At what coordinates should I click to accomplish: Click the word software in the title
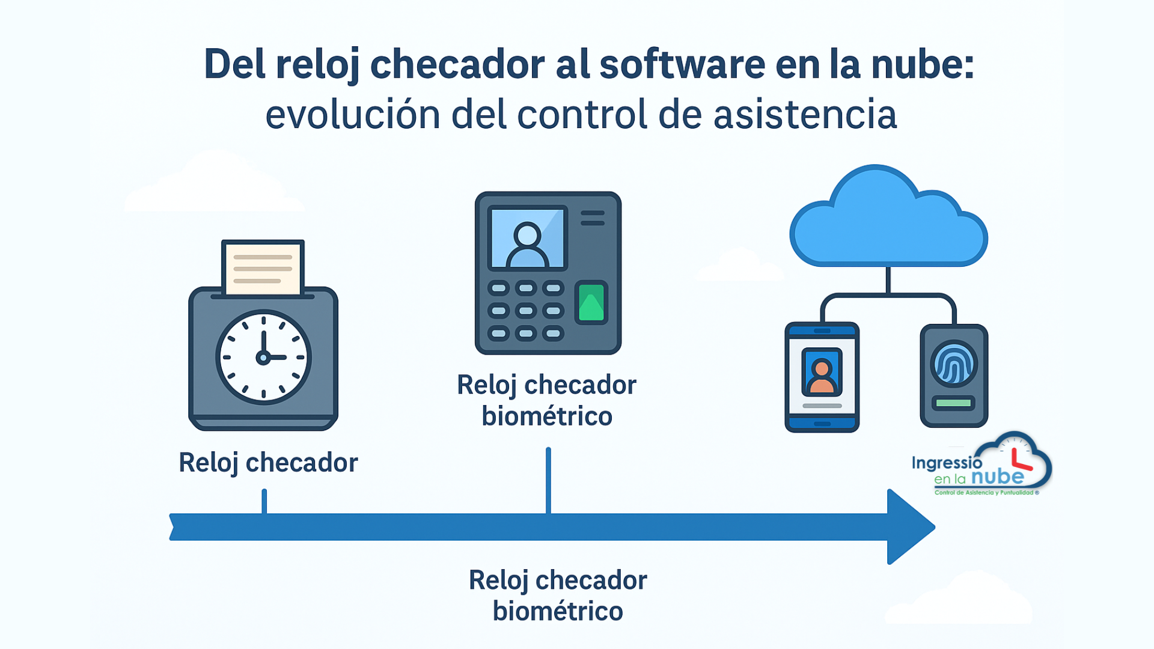coord(682,64)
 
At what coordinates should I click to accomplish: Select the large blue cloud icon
coord(888,216)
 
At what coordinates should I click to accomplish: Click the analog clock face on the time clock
coord(263,357)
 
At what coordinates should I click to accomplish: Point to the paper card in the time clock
coord(263,267)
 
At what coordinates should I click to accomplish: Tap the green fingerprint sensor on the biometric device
coord(591,302)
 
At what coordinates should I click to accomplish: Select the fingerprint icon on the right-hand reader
coord(954,364)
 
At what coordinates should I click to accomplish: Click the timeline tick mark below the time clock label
coord(264,501)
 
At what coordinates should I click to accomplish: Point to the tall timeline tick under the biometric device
coord(548,480)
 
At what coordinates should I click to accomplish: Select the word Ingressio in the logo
coord(947,463)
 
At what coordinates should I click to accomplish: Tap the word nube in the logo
coord(998,477)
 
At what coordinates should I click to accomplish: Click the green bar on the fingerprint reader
coord(954,403)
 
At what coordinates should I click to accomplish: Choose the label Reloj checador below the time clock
coord(268,463)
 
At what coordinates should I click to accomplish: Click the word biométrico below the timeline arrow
coord(558,612)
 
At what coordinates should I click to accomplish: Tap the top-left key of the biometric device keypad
coord(498,288)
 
